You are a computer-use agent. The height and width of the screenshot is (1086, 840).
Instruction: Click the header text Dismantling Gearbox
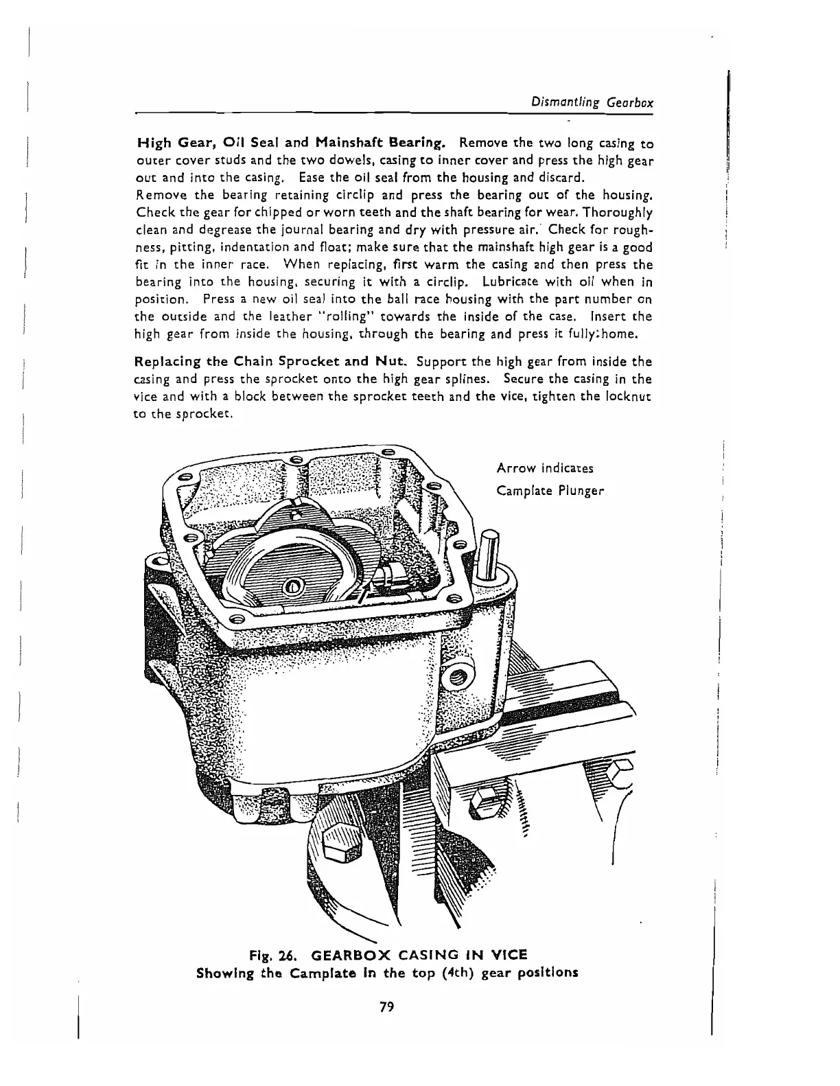tap(592, 102)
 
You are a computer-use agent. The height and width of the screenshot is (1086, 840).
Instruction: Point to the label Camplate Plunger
tap(550, 491)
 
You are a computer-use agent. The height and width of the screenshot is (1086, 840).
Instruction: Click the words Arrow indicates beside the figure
tap(545, 468)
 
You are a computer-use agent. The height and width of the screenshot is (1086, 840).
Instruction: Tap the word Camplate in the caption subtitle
tap(323, 973)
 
